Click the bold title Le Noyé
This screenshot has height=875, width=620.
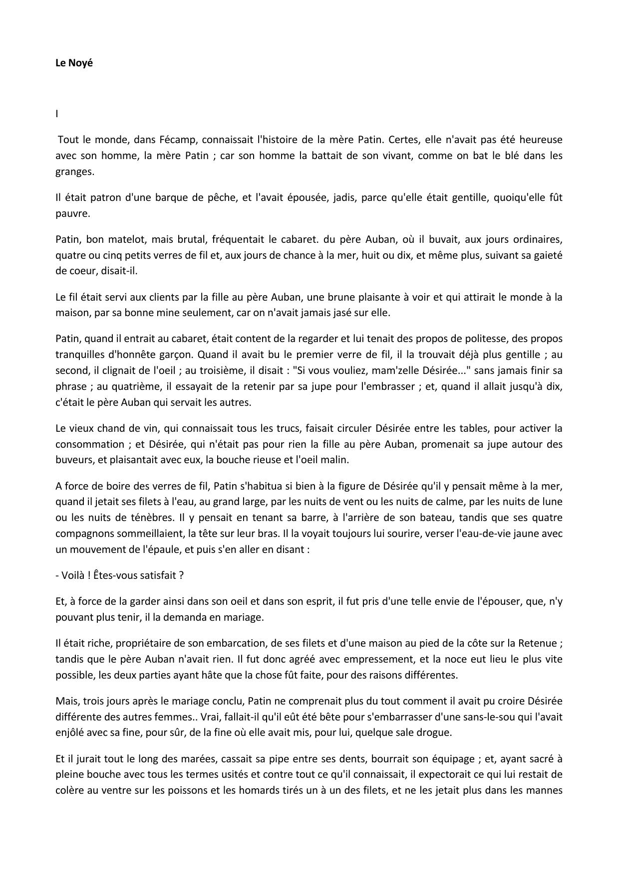74,63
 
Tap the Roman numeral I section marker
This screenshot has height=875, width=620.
57,114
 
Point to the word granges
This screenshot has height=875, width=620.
74,172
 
